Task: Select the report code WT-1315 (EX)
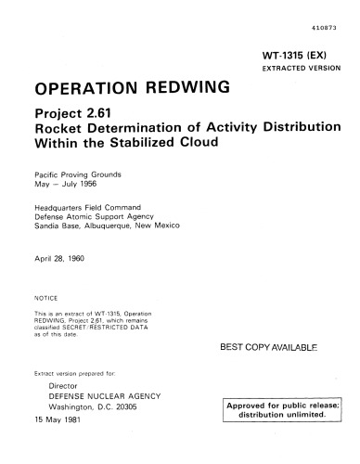302,57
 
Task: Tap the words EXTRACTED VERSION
302,70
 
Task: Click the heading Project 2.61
74,115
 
